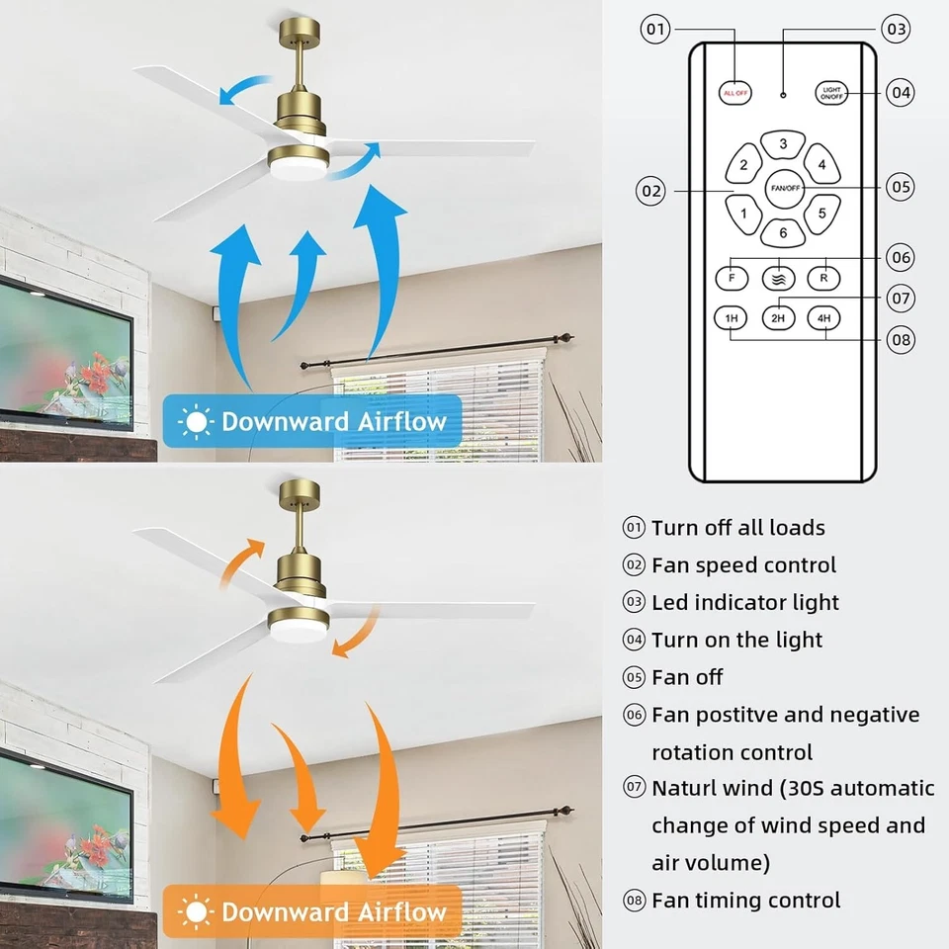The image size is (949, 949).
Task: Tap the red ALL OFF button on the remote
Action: pos(735,92)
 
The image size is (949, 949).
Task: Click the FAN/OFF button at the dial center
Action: pos(783,187)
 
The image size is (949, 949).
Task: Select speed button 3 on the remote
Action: pos(783,144)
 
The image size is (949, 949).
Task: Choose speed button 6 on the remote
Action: pos(783,233)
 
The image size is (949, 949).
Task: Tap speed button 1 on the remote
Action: pos(743,211)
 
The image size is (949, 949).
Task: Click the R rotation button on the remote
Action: pos(823,278)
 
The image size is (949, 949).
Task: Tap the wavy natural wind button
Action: pos(778,278)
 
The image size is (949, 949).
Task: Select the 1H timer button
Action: pos(732,318)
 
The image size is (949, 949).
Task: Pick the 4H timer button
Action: pos(823,318)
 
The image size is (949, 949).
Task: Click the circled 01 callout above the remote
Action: pos(656,29)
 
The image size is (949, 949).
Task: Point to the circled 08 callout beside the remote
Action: pos(900,340)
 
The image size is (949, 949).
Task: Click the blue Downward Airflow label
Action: pos(311,422)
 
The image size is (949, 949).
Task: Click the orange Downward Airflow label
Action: pos(311,910)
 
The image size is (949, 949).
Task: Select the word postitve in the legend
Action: pos(758,715)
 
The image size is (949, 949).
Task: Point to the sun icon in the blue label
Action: pos(196,422)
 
